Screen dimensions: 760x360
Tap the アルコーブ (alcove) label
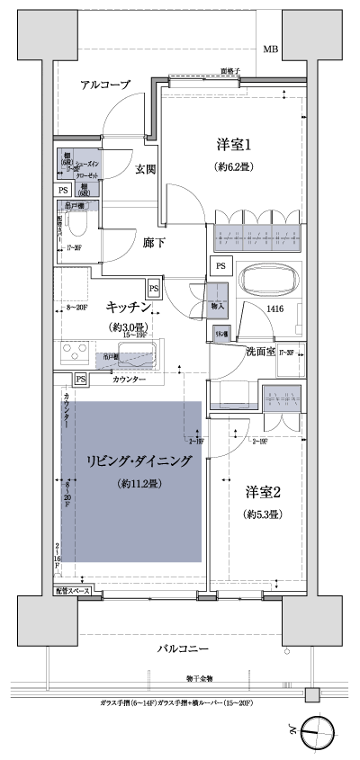(x=105, y=85)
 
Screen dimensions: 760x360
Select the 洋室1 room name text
(x=232, y=145)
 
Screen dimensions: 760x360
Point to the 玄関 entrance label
(x=147, y=168)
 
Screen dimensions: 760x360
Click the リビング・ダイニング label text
(x=139, y=460)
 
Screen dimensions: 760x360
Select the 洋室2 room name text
(x=264, y=492)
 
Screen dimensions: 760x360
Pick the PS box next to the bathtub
(x=220, y=264)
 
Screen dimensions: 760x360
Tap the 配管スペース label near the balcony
(x=73, y=592)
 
